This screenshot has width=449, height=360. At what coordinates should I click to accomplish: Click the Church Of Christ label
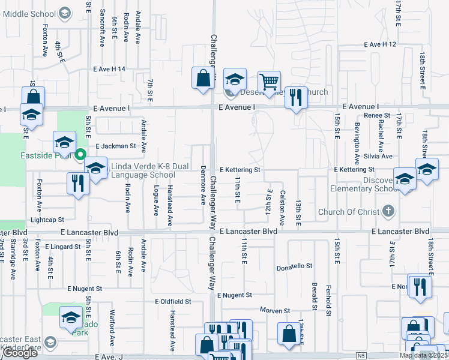(x=349, y=211)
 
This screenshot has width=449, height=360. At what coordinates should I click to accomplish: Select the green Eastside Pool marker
(x=81, y=155)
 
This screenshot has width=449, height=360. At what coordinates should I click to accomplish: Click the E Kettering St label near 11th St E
(x=240, y=170)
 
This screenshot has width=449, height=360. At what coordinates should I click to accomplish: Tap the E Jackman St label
(x=116, y=146)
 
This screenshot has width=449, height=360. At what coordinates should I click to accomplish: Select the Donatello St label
(x=295, y=266)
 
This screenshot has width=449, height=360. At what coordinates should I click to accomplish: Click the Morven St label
(x=275, y=310)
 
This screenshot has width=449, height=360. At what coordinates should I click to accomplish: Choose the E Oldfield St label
(x=172, y=301)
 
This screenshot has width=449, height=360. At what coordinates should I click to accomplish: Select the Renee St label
(x=377, y=115)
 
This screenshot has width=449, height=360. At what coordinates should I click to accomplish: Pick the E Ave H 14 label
(x=109, y=69)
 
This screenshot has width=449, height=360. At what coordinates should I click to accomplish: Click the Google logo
(x=19, y=353)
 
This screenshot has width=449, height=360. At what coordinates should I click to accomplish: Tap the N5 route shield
(x=360, y=356)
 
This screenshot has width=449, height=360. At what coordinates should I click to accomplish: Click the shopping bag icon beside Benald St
(x=289, y=334)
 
